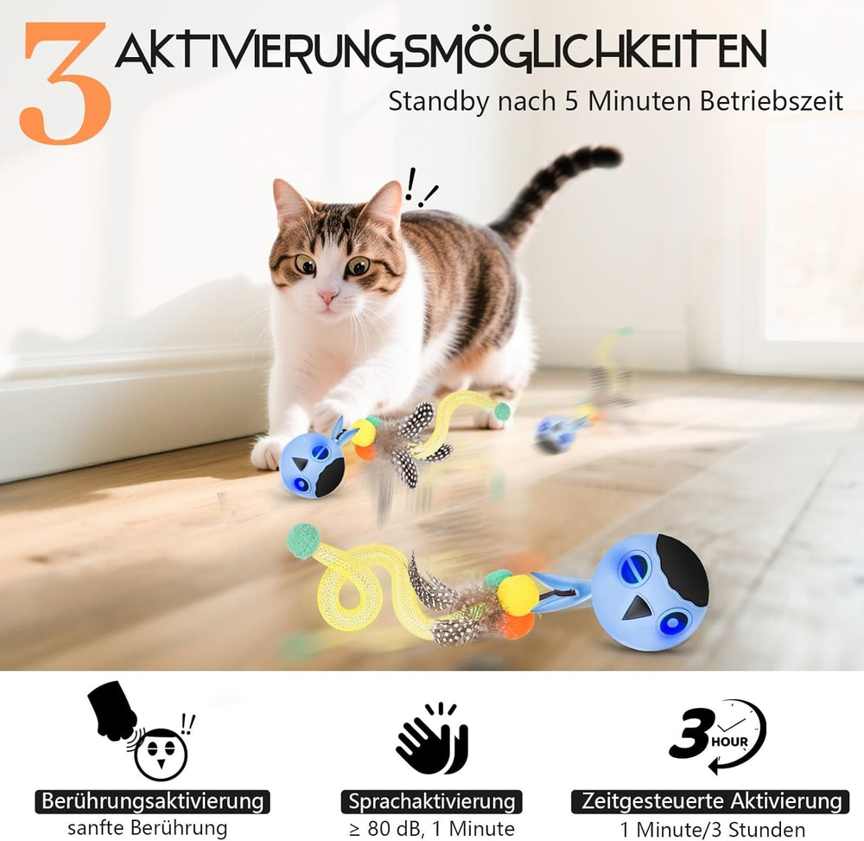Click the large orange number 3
pos(65,83)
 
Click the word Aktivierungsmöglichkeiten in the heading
pos(441,51)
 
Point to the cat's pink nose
pos(328,297)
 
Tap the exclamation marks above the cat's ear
pos(420,188)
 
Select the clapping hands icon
pos(434,737)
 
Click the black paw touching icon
pos(114,711)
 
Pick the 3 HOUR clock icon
pos(717,736)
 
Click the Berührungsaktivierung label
pos(153,800)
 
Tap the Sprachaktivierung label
pos(431,800)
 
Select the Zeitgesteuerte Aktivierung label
pos(709,800)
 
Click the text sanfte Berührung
pos(148,827)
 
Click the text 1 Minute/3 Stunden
pos(713,829)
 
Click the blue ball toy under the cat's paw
pos(311,464)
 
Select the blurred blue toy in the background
pos(553,434)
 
